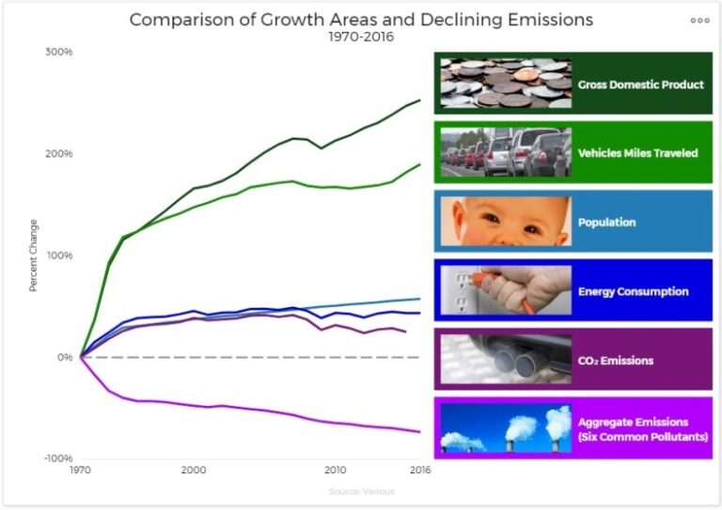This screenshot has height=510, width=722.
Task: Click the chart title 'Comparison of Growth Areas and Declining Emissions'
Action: (x=361, y=20)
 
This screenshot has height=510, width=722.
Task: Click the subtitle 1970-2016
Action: (x=361, y=37)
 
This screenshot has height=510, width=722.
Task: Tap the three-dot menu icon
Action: (x=699, y=20)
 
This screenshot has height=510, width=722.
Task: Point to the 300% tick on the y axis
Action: (x=59, y=52)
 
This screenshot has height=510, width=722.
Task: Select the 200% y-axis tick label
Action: (x=59, y=154)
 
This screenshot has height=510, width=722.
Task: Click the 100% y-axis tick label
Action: (x=59, y=255)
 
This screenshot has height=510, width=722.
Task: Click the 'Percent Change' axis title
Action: (x=34, y=255)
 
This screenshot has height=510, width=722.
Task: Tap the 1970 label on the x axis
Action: (x=82, y=470)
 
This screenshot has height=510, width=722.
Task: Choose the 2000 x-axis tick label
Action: (x=194, y=470)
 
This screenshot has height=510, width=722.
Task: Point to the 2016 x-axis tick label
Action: (x=417, y=470)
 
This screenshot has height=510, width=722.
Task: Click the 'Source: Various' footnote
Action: (x=361, y=491)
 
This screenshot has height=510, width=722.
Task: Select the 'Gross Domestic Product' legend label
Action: (x=640, y=85)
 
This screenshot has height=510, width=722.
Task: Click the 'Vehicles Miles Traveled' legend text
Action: (x=637, y=153)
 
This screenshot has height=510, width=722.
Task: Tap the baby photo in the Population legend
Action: (x=506, y=222)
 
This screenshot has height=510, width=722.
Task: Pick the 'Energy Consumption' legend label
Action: (x=633, y=291)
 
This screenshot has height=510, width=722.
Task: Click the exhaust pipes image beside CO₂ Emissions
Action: (x=506, y=360)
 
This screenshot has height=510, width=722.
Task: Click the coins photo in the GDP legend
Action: (x=506, y=84)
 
